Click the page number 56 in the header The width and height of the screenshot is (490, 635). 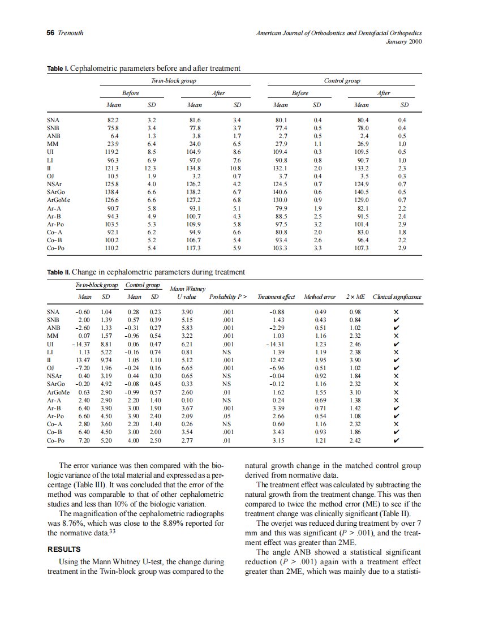pyautogui.click(x=50, y=33)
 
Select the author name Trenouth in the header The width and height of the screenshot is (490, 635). pyautogui.click(x=71, y=33)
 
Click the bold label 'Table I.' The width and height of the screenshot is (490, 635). pyautogui.click(x=58, y=68)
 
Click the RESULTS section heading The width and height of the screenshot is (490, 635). pyautogui.click(x=64, y=549)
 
